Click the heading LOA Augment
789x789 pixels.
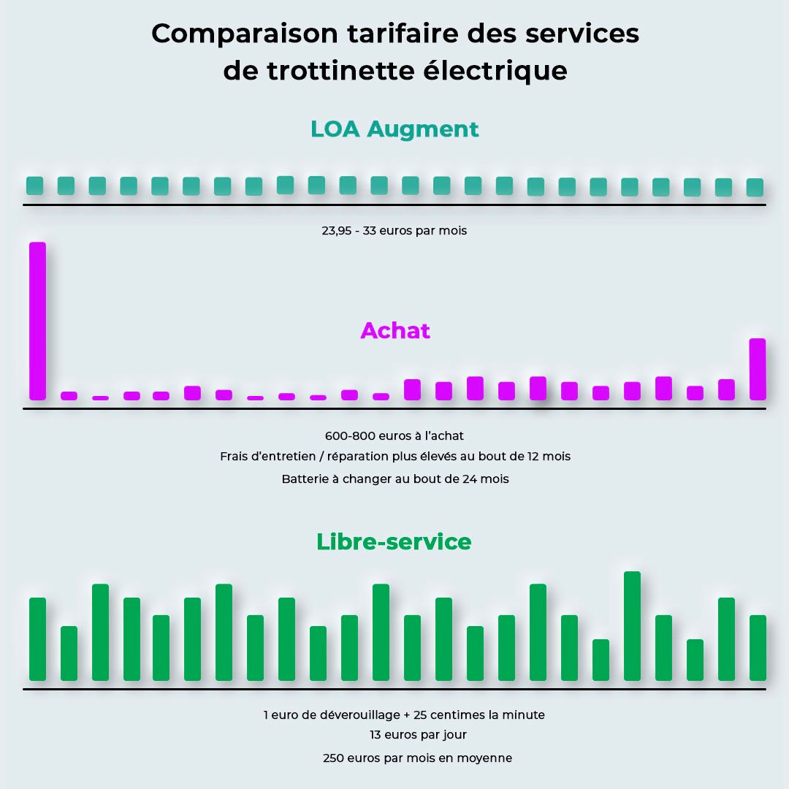pyautogui.click(x=394, y=129)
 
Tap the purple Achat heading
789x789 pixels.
pyautogui.click(x=394, y=331)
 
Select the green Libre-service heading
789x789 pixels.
pyautogui.click(x=394, y=542)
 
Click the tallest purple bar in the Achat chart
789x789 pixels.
pyautogui.click(x=37, y=321)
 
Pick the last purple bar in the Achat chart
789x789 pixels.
pyautogui.click(x=758, y=369)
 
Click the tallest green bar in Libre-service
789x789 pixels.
pyautogui.click(x=632, y=626)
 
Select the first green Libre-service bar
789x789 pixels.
pyautogui.click(x=37, y=639)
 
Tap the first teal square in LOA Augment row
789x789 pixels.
pyautogui.click(x=35, y=186)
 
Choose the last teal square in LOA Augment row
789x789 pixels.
pyautogui.click(x=755, y=187)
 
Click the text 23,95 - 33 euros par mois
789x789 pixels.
pyautogui.click(x=394, y=231)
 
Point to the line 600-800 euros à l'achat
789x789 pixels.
pyautogui.click(x=394, y=436)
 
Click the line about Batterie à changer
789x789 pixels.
pyautogui.click(x=394, y=479)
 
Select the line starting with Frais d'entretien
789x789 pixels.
pyautogui.click(x=394, y=457)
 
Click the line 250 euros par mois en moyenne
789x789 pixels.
pyautogui.click(x=417, y=758)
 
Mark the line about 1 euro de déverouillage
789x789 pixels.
pyautogui.click(x=404, y=714)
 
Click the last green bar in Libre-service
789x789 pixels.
pyautogui.click(x=758, y=648)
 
